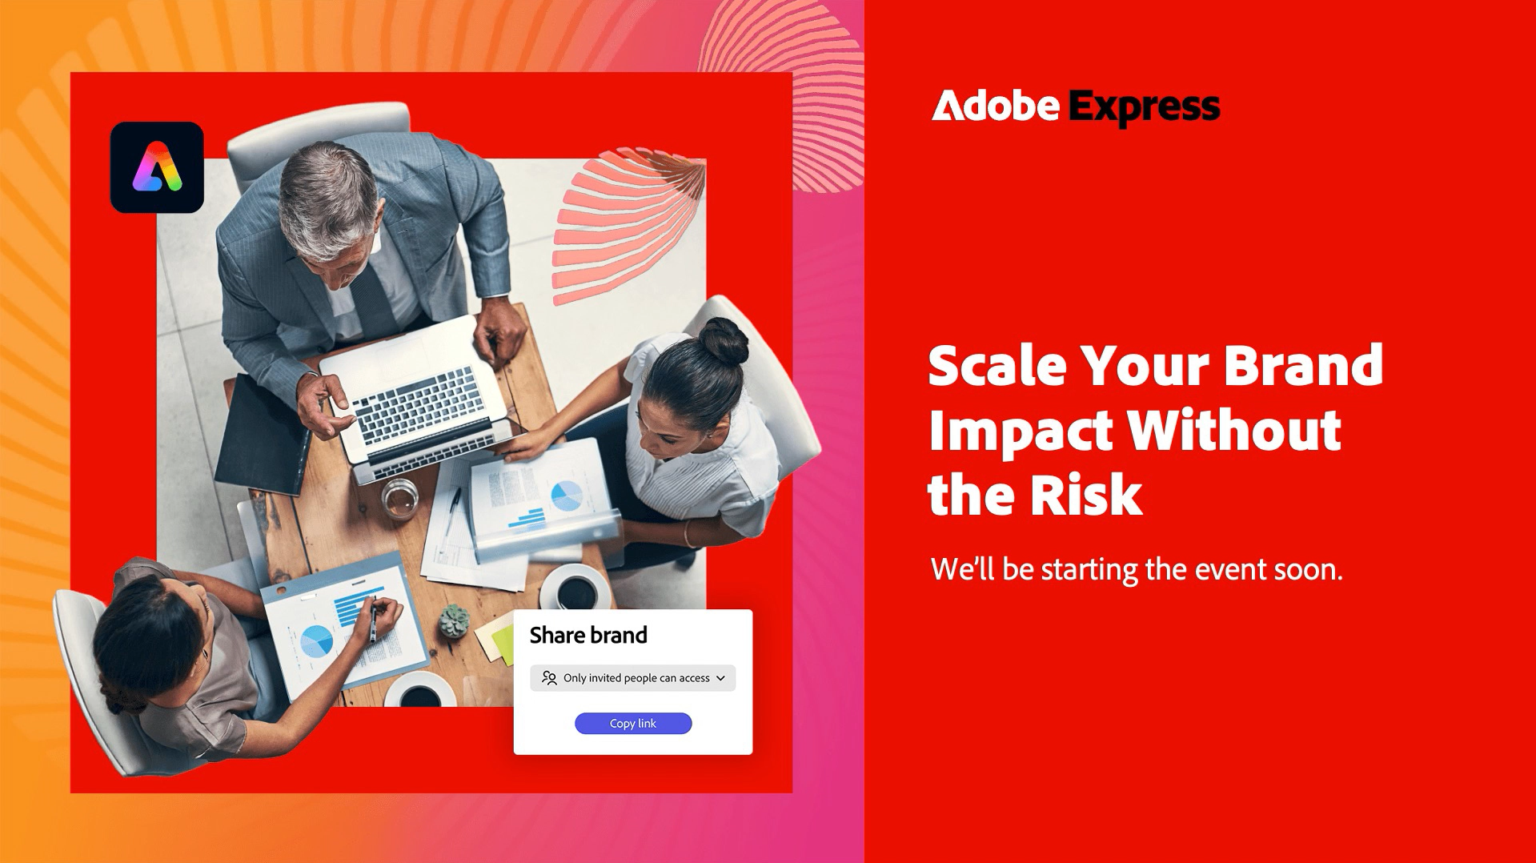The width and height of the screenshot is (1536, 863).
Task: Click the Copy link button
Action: (633, 723)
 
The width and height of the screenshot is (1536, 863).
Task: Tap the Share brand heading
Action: (588, 636)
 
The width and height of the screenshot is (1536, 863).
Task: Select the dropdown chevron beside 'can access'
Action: (720, 678)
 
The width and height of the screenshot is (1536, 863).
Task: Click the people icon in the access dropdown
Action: (549, 678)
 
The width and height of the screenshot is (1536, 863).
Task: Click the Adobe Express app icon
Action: (157, 167)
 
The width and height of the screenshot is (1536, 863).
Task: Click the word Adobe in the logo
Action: (996, 106)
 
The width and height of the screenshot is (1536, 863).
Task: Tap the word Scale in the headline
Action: (998, 366)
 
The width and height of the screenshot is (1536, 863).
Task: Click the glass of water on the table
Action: (399, 498)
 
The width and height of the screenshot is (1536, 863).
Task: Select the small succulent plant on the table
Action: (454, 621)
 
